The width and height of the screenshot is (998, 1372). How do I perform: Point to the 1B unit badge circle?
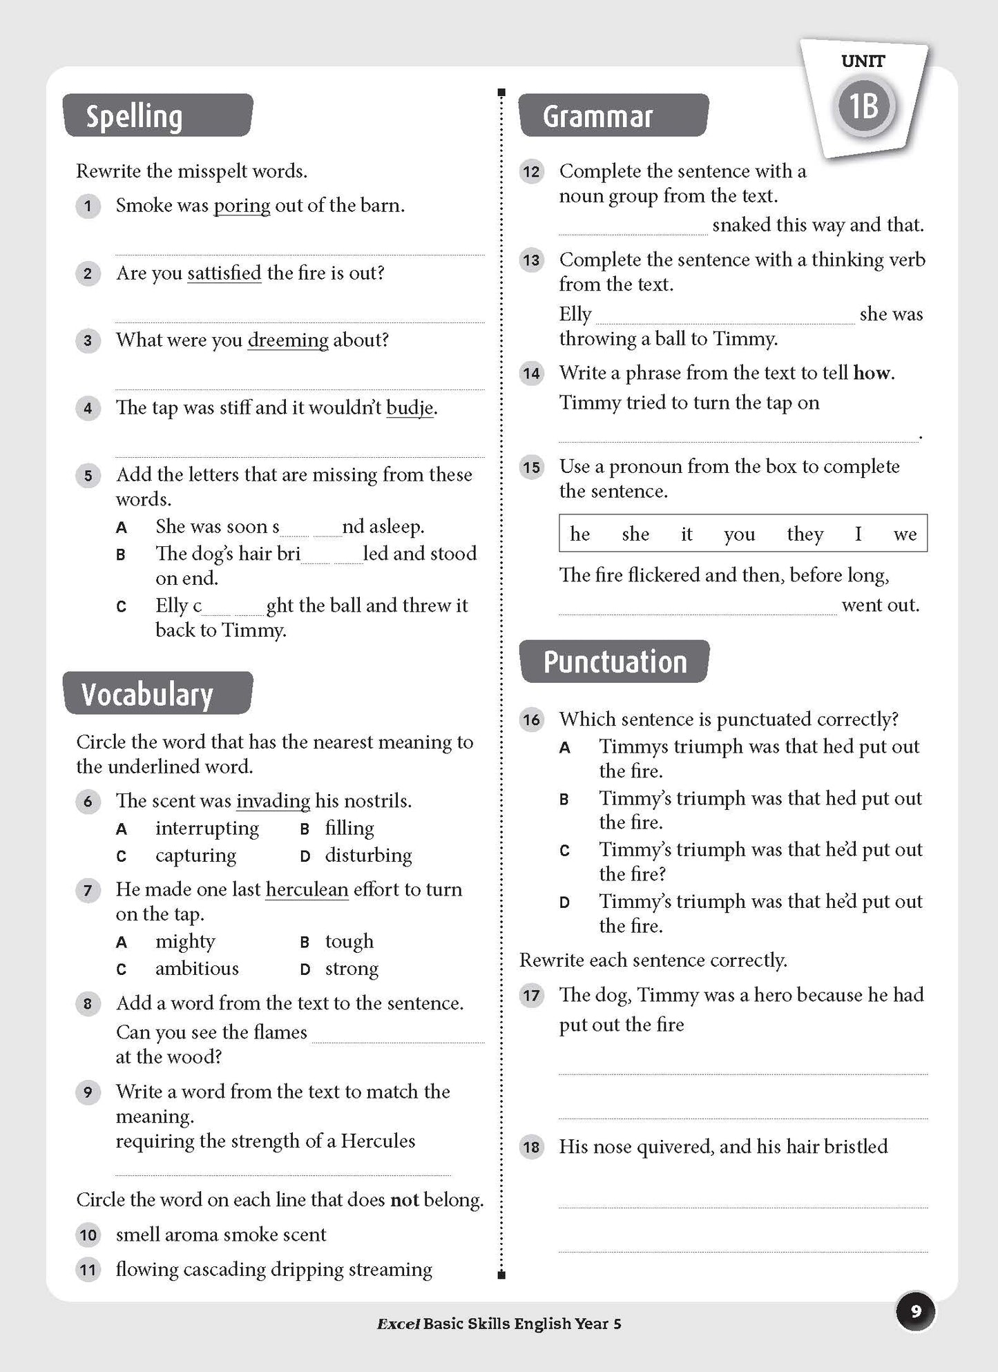[x=863, y=106]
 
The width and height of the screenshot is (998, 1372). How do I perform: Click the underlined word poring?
[x=242, y=206]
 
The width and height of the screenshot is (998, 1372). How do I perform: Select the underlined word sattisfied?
[x=224, y=273]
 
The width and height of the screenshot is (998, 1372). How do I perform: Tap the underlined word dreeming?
[x=288, y=340]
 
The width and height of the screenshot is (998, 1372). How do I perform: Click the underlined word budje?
[x=410, y=408]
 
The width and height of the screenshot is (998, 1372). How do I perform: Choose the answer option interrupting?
[x=207, y=828]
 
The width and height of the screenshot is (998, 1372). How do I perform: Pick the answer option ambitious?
[x=197, y=969]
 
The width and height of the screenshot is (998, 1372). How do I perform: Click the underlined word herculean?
[x=307, y=889]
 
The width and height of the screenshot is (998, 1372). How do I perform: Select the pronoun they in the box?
[x=805, y=534]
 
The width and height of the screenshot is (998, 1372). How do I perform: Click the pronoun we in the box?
[x=905, y=534]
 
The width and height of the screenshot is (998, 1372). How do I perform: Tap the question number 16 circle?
[x=531, y=720]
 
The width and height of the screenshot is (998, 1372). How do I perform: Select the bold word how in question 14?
[x=872, y=374]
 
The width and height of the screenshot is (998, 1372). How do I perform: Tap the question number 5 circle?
[x=88, y=476]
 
